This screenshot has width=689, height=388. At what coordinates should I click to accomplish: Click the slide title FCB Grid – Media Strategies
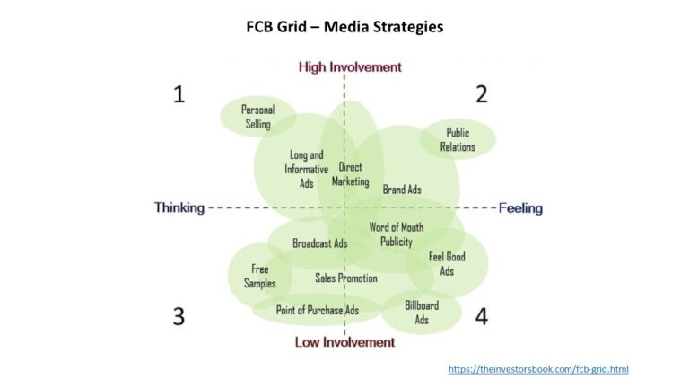pyautogui.click(x=344, y=27)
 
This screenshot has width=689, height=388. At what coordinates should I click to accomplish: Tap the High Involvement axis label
pyautogui.click(x=350, y=67)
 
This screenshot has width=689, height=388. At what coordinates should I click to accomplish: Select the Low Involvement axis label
pyautogui.click(x=344, y=342)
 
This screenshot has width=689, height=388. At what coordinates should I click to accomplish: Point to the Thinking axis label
pyautogui.click(x=179, y=207)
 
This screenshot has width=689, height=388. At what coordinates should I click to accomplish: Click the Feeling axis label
pyautogui.click(x=520, y=208)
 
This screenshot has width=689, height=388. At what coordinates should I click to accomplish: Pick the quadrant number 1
pyautogui.click(x=179, y=93)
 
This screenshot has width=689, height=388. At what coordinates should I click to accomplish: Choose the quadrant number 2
pyautogui.click(x=482, y=93)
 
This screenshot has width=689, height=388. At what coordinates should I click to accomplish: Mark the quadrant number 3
pyautogui.click(x=179, y=316)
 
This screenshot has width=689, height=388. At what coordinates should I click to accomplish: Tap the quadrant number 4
pyautogui.click(x=482, y=316)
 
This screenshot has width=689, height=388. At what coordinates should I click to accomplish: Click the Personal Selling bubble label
pyautogui.click(x=257, y=117)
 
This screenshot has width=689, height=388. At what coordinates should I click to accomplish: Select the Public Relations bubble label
pyautogui.click(x=458, y=140)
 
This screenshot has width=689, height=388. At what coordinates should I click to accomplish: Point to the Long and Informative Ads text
pyautogui.click(x=306, y=169)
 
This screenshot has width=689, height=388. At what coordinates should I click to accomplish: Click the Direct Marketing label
pyautogui.click(x=350, y=174)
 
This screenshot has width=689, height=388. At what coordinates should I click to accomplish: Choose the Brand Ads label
pyautogui.click(x=402, y=190)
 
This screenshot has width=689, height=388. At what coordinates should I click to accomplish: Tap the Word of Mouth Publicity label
pyautogui.click(x=396, y=234)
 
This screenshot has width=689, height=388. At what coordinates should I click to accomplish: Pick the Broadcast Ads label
pyautogui.click(x=319, y=243)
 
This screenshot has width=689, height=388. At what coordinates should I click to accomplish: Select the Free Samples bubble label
pyautogui.click(x=260, y=277)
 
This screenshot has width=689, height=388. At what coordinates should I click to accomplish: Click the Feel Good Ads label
pyautogui.click(x=447, y=264)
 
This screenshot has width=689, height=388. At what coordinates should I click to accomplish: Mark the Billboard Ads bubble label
pyautogui.click(x=422, y=313)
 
